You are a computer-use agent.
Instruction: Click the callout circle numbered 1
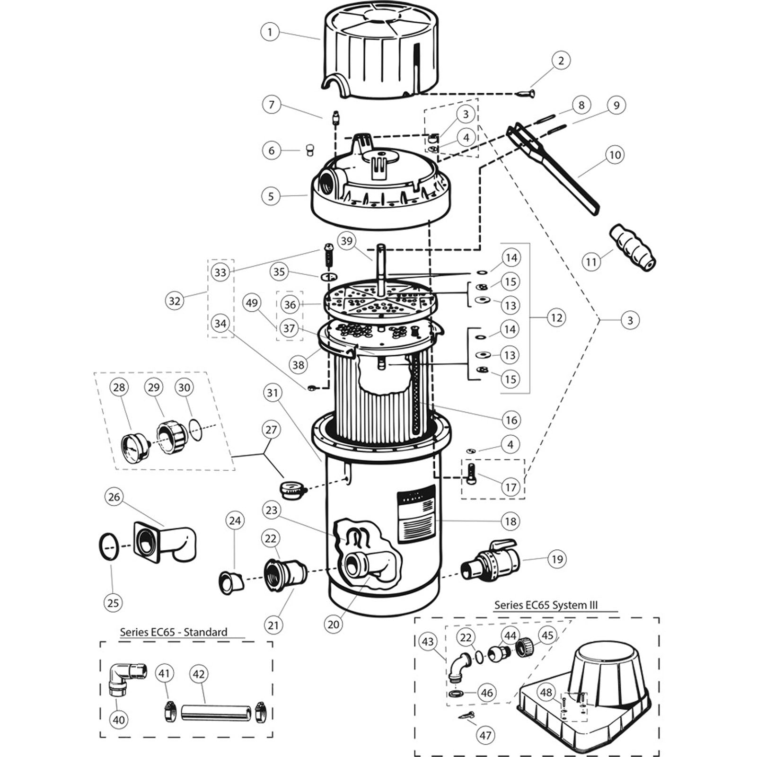pos(270,32)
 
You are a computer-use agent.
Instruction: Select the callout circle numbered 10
pos(615,155)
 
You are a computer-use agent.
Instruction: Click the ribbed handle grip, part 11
pos(633,248)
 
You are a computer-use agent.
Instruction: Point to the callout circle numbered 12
pos(556,317)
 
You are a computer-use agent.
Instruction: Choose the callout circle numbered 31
pos(273,393)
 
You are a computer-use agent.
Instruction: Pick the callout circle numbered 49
pos(252,302)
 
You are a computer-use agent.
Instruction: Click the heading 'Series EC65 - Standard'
pos(173,632)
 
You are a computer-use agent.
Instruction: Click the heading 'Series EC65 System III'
pos(546,605)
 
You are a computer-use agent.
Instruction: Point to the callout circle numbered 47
pos(485,735)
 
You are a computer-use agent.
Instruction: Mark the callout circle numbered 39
pos(347,241)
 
